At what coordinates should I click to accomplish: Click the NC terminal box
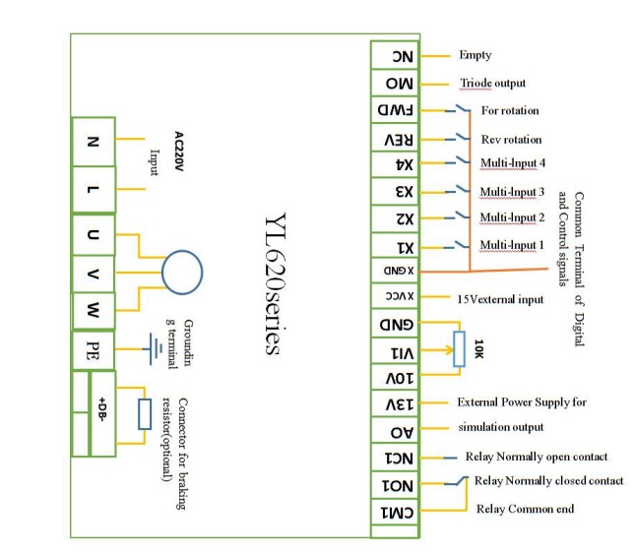pyautogui.click(x=401, y=57)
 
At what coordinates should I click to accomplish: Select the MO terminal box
pyautogui.click(x=401, y=85)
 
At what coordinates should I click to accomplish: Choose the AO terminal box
pyautogui.click(x=401, y=431)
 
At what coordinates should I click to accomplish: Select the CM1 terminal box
pyautogui.click(x=401, y=512)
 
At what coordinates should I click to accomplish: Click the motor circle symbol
pyautogui.click(x=182, y=274)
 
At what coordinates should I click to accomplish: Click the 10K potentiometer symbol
pyautogui.click(x=459, y=350)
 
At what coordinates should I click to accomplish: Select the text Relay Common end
pyautogui.click(x=525, y=510)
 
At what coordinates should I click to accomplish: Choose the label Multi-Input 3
pyautogui.click(x=513, y=191)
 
